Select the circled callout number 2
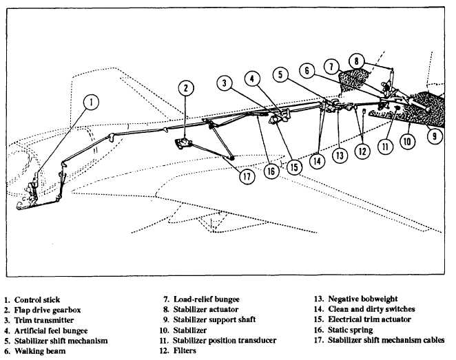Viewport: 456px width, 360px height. [185, 87]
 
